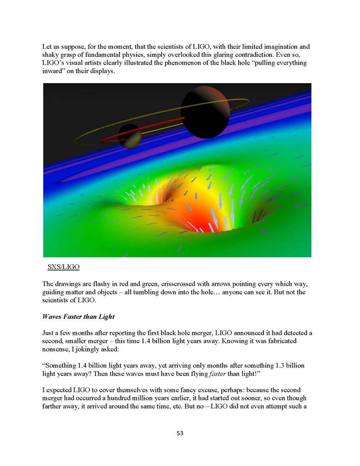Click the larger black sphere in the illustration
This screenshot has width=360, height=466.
204,112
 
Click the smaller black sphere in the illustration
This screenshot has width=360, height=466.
130,136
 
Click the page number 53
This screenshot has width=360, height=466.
180,433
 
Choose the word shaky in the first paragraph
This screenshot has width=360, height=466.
50,54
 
